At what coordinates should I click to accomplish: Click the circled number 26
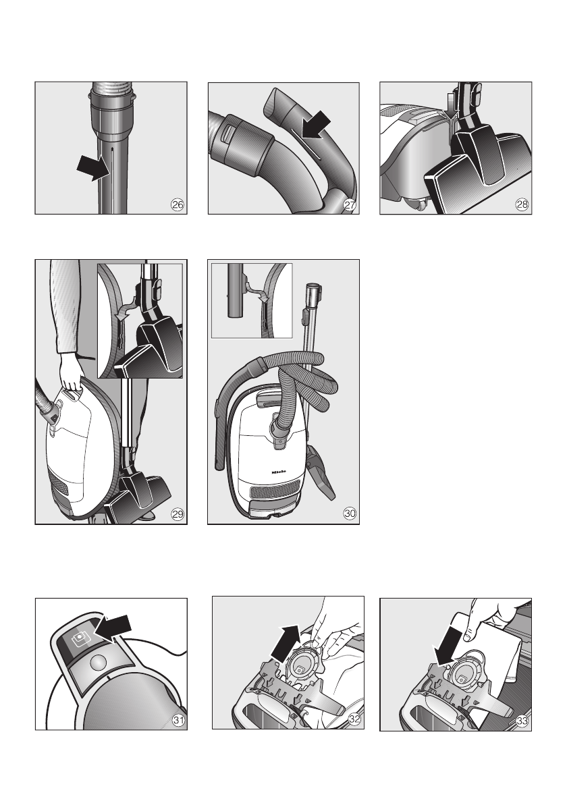[x=178, y=205]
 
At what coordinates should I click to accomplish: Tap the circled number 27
[x=350, y=205]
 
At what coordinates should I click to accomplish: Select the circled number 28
[x=522, y=205]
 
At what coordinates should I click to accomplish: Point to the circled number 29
[x=178, y=514]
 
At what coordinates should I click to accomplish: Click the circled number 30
[x=350, y=513]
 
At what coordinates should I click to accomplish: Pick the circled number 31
[x=178, y=721]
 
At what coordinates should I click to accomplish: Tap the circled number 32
[x=354, y=719]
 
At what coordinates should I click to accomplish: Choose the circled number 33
[x=522, y=721]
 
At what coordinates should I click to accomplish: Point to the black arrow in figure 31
[x=114, y=627]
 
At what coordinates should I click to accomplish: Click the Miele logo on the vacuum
[x=279, y=472]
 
